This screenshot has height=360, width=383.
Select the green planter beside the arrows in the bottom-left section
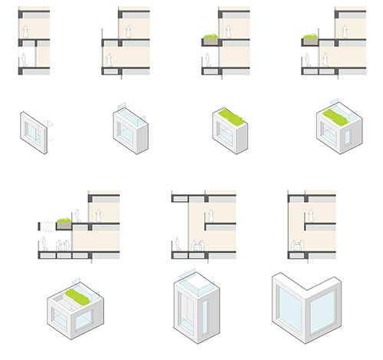tap(64, 223)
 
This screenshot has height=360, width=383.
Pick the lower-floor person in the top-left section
tap(25, 60)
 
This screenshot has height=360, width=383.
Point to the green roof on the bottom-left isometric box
tap(75, 295)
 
